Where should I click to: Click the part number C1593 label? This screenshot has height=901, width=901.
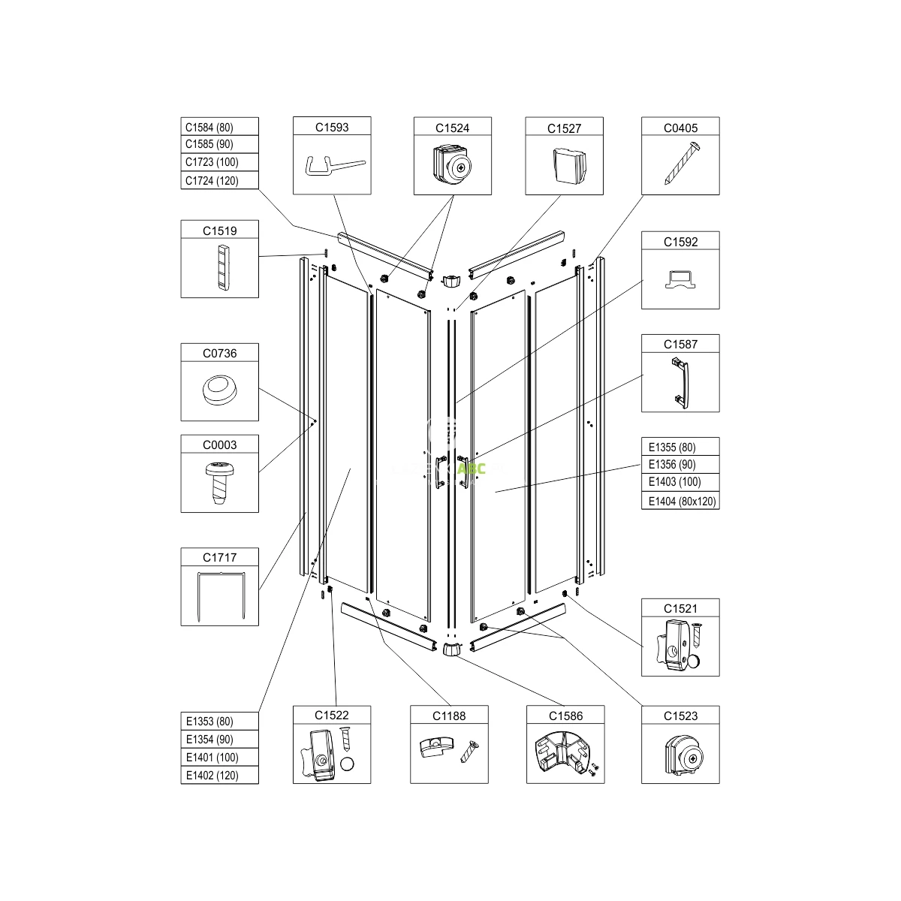pos(332,127)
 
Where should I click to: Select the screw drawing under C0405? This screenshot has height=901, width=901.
pos(683,164)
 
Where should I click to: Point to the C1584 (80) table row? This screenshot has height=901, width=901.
pos(219,127)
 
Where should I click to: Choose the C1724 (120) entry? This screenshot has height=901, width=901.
pos(219,180)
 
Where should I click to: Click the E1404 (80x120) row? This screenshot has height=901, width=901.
pos(680,501)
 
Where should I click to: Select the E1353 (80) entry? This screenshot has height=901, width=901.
pos(219,722)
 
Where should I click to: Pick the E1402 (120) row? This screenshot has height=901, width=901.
pos(219,775)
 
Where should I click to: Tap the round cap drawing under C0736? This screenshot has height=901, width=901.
pos(219,390)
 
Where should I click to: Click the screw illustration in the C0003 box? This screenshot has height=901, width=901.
pos(219,483)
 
